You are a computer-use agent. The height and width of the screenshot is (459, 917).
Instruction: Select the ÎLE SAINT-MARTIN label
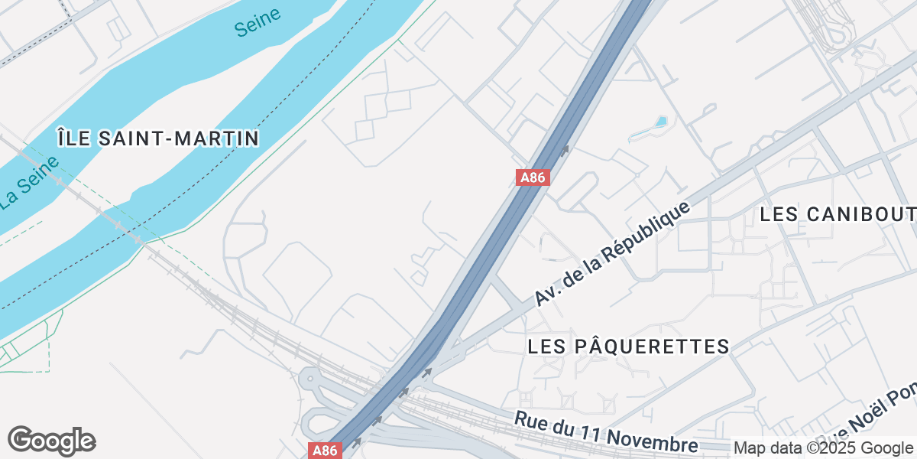[158, 138]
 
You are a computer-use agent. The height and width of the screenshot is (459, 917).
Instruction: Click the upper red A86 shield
[532, 177]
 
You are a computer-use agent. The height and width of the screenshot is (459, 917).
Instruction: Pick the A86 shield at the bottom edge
[323, 451]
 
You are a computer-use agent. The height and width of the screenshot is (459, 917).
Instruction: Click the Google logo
[51, 441]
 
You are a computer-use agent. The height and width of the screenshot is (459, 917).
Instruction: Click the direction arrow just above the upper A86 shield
[565, 150]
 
